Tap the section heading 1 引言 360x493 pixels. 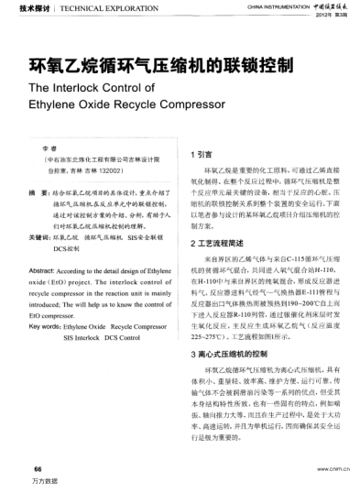click(202, 155)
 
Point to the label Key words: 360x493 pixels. click(41, 325)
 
